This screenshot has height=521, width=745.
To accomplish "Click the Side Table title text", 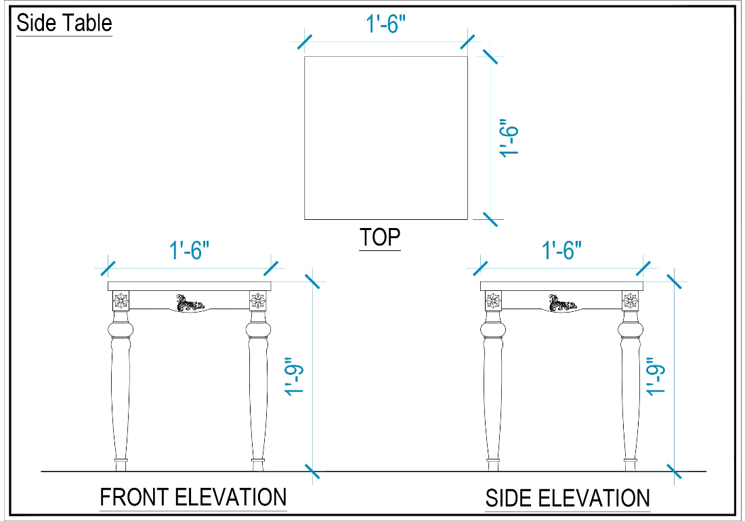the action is coord(64,23).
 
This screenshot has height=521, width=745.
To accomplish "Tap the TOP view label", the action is coord(380,237).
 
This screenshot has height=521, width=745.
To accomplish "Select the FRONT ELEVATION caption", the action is coord(193,497).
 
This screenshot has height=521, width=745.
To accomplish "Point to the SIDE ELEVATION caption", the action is coord(568,498).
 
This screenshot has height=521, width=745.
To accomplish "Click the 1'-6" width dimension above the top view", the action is coord(386,24).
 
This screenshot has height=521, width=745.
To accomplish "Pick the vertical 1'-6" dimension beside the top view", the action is coord(509,138).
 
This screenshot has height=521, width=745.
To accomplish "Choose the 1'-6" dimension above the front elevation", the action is coord(189,250).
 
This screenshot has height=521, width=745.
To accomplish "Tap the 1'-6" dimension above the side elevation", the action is coord(561,250).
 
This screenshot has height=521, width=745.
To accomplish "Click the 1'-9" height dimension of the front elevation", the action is coord(294,376).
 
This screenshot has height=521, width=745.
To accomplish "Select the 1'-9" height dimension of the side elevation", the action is coord(656,376).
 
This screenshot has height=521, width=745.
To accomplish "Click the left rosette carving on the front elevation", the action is coord(121,300).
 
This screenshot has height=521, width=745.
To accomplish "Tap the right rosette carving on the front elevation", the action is coord(258,300).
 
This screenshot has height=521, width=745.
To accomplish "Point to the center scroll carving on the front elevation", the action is coord(190,303).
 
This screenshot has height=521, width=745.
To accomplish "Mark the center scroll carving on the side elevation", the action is coord(563,303).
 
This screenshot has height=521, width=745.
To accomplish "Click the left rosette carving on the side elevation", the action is coord(493,300).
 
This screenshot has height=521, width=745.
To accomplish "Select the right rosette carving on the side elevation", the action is coord(631,300).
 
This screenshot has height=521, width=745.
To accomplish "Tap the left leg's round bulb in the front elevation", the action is coord(121,329).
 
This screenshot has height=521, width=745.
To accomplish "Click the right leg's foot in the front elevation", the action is coord(258,465).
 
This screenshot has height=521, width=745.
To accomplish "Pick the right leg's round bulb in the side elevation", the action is coord(631,329).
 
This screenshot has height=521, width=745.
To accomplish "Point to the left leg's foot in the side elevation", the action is coord(493,465).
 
